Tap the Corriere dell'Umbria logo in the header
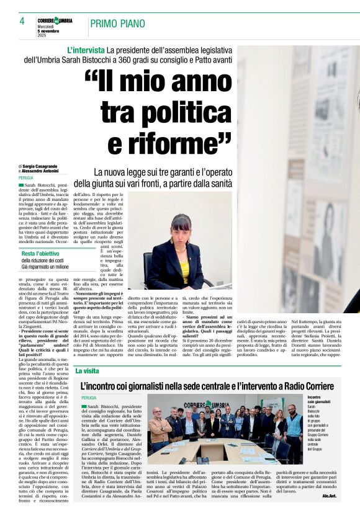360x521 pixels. click(55, 20)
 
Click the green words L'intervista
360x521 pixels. click(86, 49)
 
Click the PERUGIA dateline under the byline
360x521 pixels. click(26, 177)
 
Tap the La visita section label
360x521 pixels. click(87, 370)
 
